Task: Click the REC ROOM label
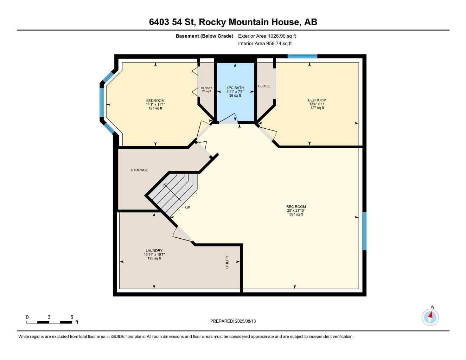[296, 207]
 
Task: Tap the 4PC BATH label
[235, 88]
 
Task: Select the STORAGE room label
[139, 170]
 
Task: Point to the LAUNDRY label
[154, 251]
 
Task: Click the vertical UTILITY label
[227, 262]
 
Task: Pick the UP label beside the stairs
[187, 208]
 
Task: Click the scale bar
[49, 322]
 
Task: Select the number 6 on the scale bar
[72, 317]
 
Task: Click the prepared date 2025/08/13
[245, 321]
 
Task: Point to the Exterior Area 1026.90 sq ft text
[267, 36]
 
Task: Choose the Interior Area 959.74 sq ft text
[265, 44]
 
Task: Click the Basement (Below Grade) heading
[204, 36]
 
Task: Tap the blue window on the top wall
[302, 56]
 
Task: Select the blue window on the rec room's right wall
[364, 231]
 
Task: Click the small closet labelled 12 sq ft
[206, 90]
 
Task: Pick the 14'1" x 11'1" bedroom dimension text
[155, 104]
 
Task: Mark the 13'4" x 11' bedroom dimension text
[317, 104]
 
